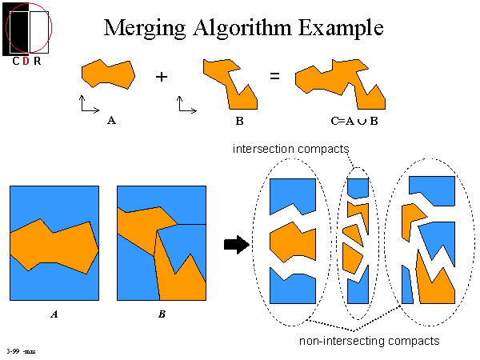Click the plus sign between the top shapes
coord(162,77)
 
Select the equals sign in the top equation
coord(274,77)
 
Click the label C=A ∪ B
coord(353,122)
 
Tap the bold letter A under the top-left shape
coord(110,122)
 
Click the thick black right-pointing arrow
coord(237,245)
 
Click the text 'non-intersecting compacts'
coord(369,341)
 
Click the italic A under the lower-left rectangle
coord(54,314)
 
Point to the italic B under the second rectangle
coord(162,314)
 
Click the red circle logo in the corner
coord(29,26)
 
